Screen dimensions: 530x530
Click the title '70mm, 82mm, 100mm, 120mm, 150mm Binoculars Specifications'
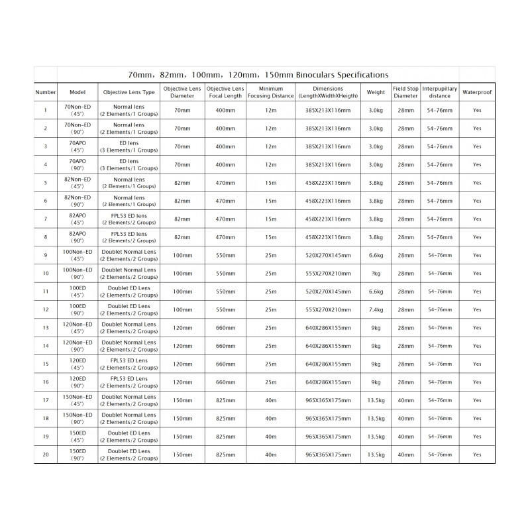point(258,75)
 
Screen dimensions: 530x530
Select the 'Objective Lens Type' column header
point(129,92)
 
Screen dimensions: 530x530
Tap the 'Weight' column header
point(376,92)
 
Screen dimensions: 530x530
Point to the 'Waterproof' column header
point(477,92)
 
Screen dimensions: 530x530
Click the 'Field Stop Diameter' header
point(405,92)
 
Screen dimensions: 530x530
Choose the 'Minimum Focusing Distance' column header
point(270,92)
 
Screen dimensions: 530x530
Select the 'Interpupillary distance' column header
point(440,92)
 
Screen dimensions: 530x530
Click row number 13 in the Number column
point(45,327)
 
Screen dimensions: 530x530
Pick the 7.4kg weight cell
point(376,309)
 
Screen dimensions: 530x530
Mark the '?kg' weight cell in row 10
point(376,273)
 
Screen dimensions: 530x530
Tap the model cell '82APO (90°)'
point(78,237)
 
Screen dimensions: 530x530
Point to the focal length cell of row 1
point(225,110)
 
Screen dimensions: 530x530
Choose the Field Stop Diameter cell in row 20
point(405,454)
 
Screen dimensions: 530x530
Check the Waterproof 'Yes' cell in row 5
point(477,182)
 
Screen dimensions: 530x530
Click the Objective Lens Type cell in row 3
point(129,146)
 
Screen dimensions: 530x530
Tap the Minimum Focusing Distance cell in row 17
point(270,400)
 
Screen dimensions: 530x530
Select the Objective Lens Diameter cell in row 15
point(182,364)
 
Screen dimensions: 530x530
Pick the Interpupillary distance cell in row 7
point(440,219)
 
